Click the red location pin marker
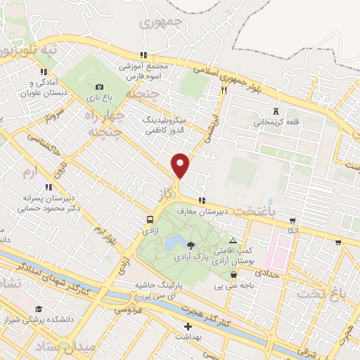click(181, 165)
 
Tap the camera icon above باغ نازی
click(99, 86)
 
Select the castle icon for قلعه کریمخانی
click(276, 111)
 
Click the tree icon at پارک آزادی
click(191, 245)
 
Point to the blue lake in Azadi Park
click(172, 243)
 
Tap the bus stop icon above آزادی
click(149, 219)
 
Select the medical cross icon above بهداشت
click(188, 327)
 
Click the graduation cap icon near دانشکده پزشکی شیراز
click(39, 309)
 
